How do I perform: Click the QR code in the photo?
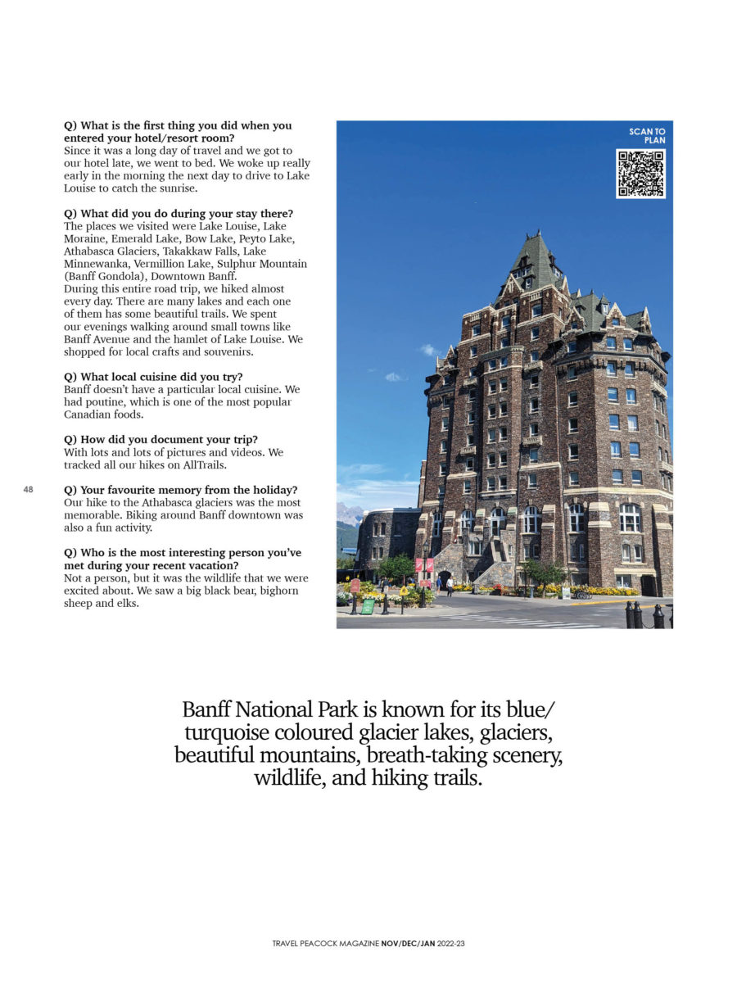pos(640,174)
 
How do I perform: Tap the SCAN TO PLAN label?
pos(647,136)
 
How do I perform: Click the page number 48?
pos(28,489)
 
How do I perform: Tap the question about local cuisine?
pos(153,377)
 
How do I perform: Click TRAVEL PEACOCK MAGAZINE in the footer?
pos(326,944)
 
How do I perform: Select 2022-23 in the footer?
pos(451,944)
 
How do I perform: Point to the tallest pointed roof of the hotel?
pos(537,246)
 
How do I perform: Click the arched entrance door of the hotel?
pos(445,578)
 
